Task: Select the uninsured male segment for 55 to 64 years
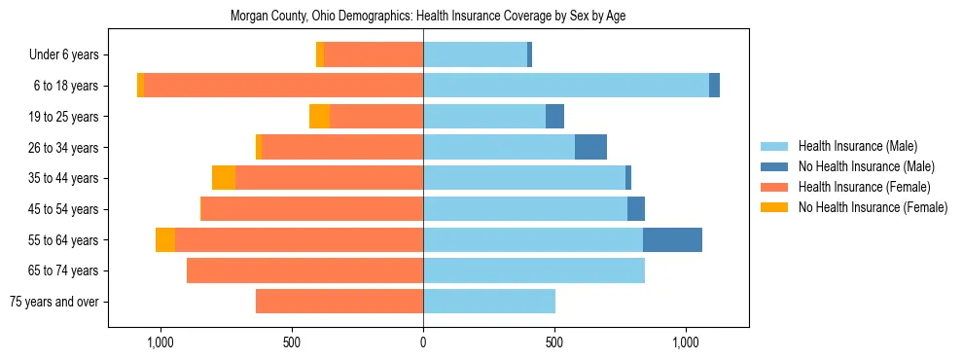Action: tap(672, 239)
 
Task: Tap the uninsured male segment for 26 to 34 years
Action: tap(590, 147)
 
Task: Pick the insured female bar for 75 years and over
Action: tap(339, 302)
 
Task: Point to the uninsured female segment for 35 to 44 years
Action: tap(224, 178)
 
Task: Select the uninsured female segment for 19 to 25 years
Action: tap(319, 117)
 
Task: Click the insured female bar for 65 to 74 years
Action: tap(304, 270)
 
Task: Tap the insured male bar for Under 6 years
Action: tap(475, 54)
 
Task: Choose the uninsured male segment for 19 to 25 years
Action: tap(554, 117)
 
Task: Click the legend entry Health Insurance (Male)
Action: tap(857, 146)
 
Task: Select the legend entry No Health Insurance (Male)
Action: tap(866, 166)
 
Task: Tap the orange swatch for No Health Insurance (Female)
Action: tap(775, 207)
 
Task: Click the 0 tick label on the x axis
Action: tap(423, 343)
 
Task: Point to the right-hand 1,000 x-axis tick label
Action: tap(685, 343)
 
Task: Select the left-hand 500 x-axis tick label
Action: tap(292, 343)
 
